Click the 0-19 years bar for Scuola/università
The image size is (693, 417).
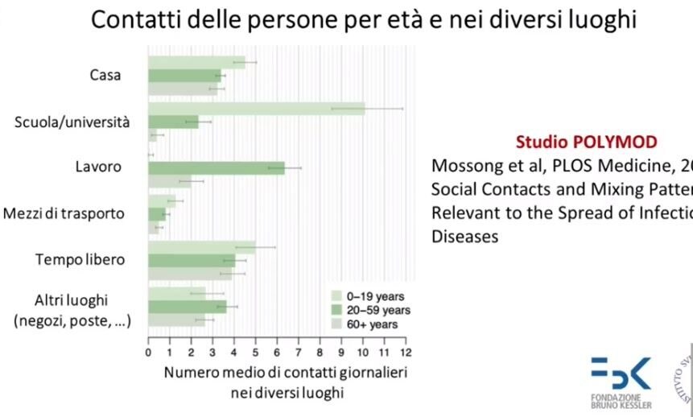(x=256, y=109)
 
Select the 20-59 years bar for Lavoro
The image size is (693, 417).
(x=216, y=167)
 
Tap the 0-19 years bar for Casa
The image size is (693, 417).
(x=196, y=62)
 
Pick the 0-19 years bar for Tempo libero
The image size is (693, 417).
(x=201, y=247)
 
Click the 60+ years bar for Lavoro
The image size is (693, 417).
(x=169, y=180)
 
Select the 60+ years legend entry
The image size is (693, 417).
(x=366, y=324)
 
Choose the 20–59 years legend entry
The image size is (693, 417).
(x=366, y=310)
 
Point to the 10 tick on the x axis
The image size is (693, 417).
(x=363, y=352)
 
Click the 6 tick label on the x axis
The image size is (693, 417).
(x=277, y=352)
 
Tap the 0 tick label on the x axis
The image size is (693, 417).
(x=148, y=352)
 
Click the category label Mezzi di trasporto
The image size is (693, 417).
(x=64, y=214)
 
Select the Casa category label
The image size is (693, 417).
(x=105, y=75)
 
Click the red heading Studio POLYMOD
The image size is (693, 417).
(x=586, y=142)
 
